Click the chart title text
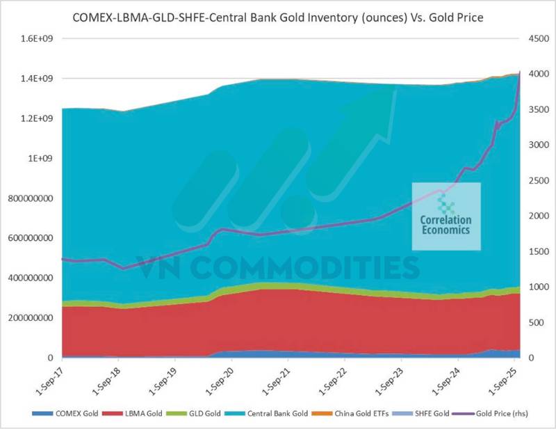tap(278, 15)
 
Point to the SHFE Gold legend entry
tap(439, 414)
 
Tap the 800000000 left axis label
tap(31, 198)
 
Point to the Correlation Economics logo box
tap(445, 216)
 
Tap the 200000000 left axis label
tap(31, 318)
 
